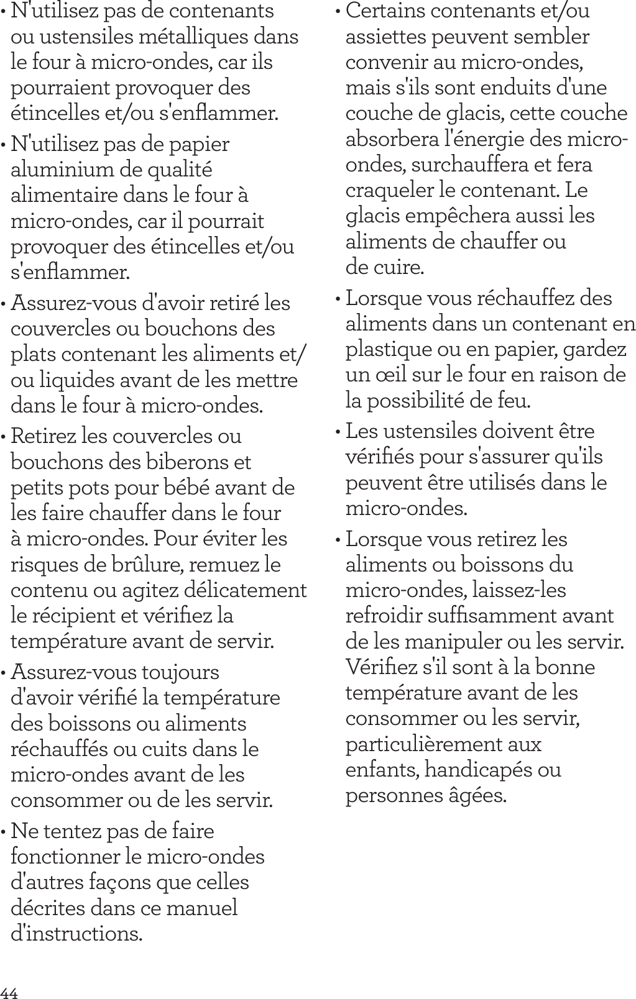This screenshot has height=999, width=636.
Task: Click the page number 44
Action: coord(9,991)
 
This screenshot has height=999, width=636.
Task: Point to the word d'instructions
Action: coord(76,934)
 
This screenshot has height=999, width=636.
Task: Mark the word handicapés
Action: coord(474,770)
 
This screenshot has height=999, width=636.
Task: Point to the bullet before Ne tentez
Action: coord(5,832)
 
